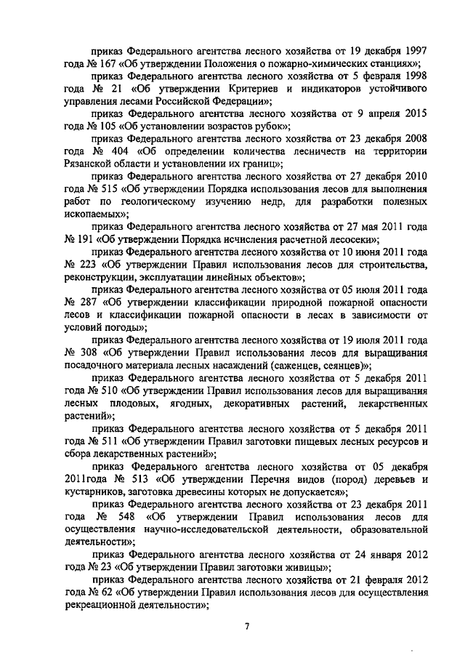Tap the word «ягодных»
tap(185, 403)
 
